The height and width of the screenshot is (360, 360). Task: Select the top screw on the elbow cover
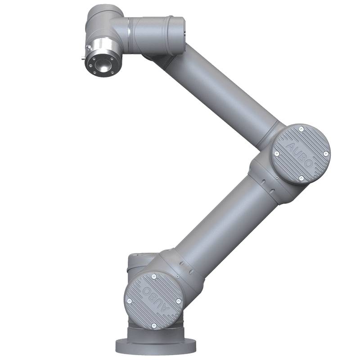click(301, 130)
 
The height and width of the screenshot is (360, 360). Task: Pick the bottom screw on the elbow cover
click(301, 179)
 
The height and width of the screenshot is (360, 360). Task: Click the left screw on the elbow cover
click(277, 154)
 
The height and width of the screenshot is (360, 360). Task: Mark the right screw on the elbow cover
click(325, 154)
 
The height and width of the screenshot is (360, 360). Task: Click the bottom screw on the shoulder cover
click(154, 325)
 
